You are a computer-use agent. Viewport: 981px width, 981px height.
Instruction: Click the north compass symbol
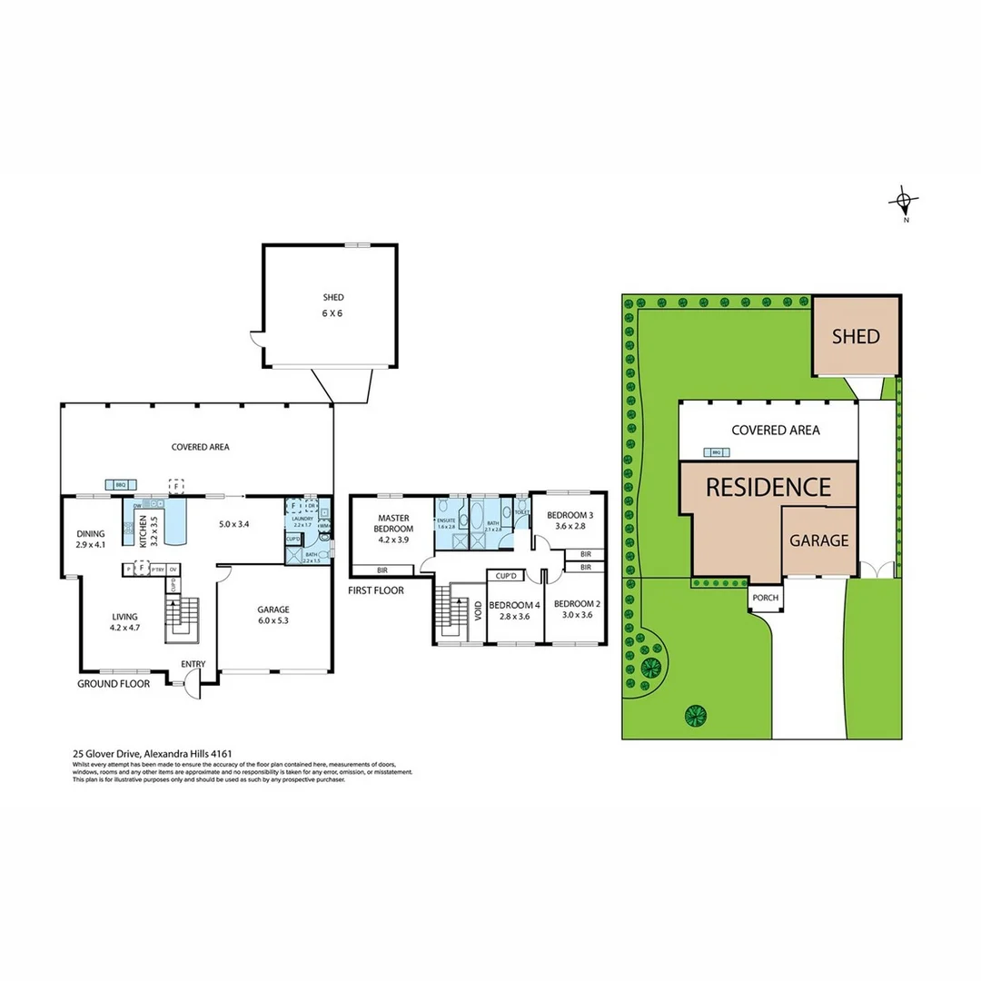click(905, 203)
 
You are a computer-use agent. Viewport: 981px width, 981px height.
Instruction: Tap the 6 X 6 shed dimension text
click(333, 313)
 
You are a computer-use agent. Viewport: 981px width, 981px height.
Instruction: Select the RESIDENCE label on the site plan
click(768, 487)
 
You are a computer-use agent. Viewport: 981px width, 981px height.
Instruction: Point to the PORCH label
click(765, 598)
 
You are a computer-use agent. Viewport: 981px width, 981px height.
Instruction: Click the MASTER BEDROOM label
click(395, 523)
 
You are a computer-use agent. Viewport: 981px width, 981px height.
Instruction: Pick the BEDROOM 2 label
click(578, 604)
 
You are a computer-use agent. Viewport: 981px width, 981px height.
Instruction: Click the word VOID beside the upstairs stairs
click(479, 609)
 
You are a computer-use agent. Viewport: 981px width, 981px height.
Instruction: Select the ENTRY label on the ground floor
click(193, 664)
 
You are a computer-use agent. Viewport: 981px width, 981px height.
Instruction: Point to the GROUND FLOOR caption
click(114, 683)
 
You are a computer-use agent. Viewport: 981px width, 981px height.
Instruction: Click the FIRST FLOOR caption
click(376, 590)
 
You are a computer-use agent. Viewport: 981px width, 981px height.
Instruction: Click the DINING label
click(91, 533)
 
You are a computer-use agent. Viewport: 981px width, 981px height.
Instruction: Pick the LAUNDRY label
click(303, 519)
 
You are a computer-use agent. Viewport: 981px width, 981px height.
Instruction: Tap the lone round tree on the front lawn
click(695, 715)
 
